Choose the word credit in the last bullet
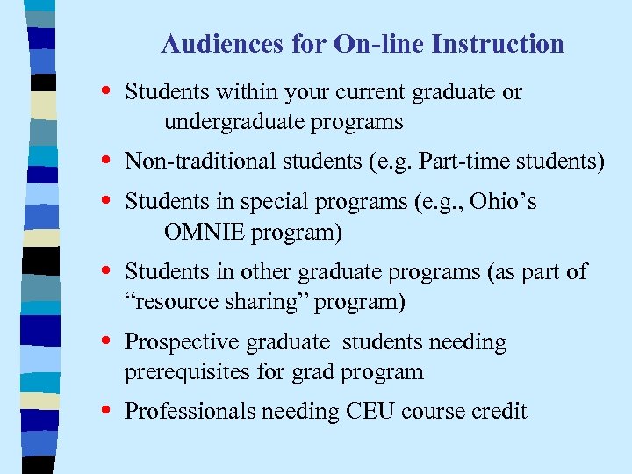tap(498, 412)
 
